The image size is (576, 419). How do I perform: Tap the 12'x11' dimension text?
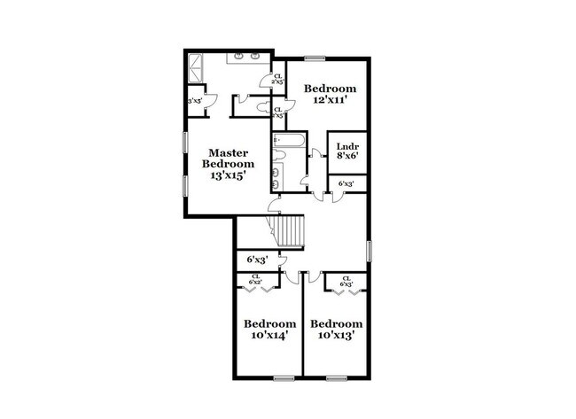[x=331, y=100]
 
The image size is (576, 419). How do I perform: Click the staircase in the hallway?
[x=290, y=231]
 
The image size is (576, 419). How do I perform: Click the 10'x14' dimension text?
[x=269, y=336]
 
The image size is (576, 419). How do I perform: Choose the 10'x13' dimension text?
[x=337, y=336]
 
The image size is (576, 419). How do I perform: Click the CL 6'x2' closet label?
[x=256, y=279]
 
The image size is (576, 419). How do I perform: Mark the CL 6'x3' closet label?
[x=346, y=281]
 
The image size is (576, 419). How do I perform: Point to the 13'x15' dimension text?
[x=228, y=175]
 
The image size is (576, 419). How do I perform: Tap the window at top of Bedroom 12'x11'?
[x=315, y=58]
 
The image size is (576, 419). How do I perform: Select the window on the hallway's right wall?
[x=369, y=250]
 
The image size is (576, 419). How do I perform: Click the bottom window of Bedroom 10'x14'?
[x=284, y=378]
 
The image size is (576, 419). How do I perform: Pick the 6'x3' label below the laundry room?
[x=346, y=184]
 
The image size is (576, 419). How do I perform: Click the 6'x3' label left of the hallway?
[x=257, y=260]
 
